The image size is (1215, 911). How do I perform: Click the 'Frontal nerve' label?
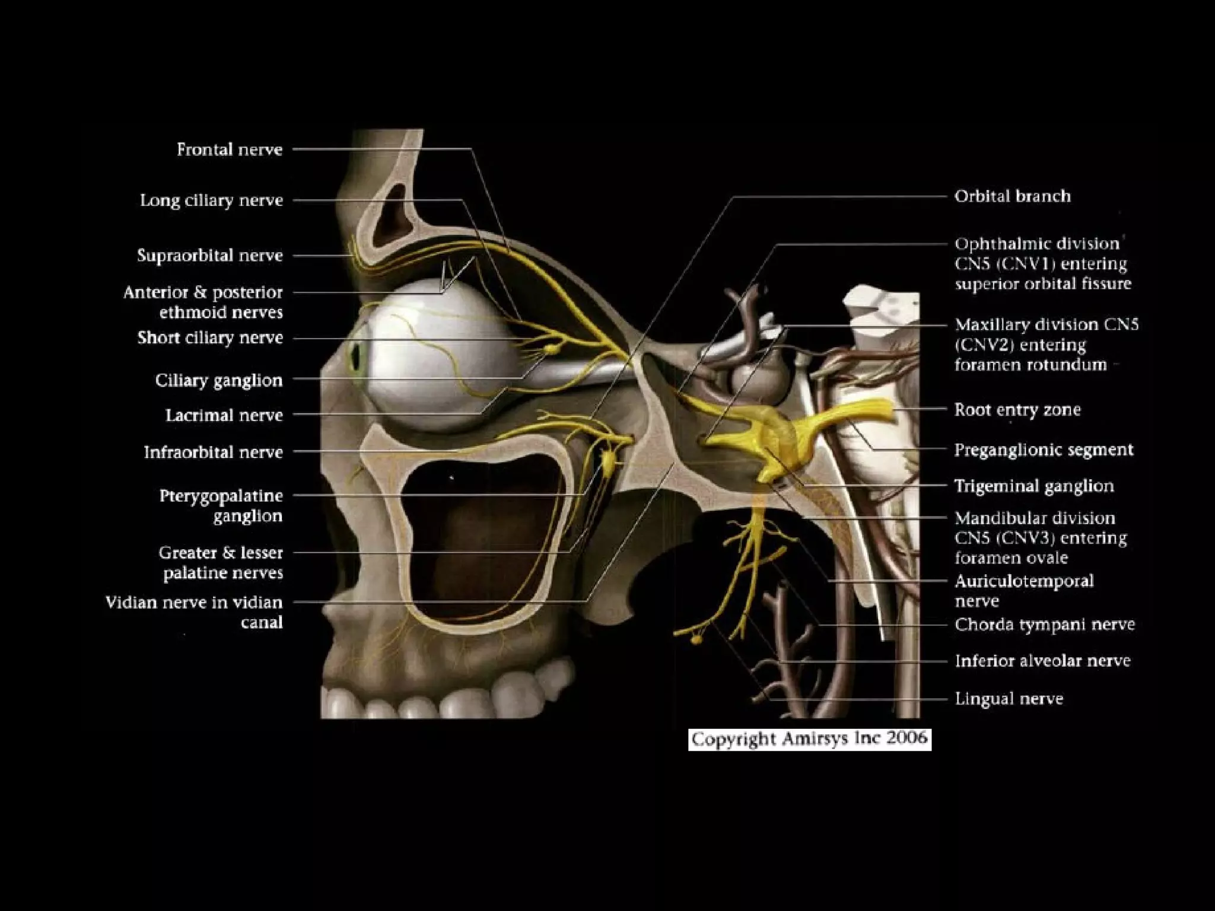(229, 149)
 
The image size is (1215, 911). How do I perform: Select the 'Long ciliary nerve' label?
(211, 200)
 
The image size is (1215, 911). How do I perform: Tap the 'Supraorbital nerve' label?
(209, 256)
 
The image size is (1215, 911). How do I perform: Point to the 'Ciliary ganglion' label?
(218, 380)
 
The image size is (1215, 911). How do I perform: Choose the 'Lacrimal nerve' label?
(224, 415)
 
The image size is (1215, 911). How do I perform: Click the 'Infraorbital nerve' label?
(213, 453)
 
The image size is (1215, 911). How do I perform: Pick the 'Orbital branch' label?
(1012, 196)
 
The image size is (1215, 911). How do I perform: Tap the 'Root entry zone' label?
(1017, 410)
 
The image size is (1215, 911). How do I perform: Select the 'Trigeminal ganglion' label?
(1033, 486)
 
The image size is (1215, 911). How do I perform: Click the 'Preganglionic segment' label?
(1044, 450)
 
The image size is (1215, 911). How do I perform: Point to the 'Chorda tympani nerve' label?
(1044, 625)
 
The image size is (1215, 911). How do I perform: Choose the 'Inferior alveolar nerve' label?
(1042, 661)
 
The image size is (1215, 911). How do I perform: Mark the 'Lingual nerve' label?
(1009, 699)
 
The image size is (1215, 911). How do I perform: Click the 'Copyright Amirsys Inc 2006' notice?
(809, 739)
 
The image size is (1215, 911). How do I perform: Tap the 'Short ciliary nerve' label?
(210, 338)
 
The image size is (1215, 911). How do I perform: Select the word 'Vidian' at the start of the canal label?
(131, 603)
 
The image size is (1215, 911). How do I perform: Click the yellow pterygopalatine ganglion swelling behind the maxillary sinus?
(610, 460)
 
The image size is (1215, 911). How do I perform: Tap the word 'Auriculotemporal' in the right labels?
(1024, 581)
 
